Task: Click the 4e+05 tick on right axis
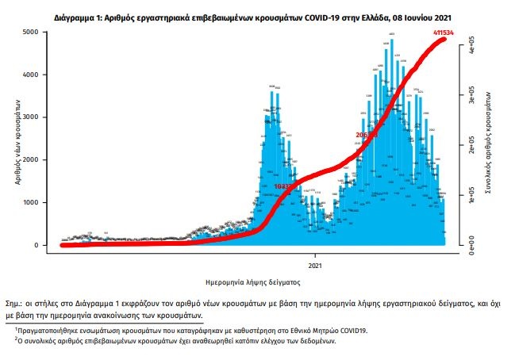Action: click(x=471, y=44)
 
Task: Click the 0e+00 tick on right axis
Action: click(x=471, y=248)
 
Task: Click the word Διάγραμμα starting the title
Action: click(x=77, y=15)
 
